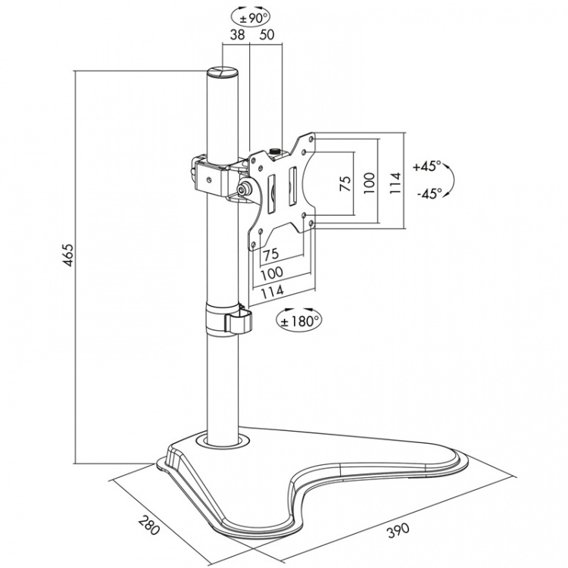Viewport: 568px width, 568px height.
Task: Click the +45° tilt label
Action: click(426, 166)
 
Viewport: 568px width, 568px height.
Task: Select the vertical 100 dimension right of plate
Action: click(369, 182)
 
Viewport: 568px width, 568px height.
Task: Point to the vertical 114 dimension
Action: click(395, 182)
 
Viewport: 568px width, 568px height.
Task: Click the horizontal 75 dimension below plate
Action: click(272, 254)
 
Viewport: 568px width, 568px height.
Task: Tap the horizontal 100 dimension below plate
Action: click(272, 272)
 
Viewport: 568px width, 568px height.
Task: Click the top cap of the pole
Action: click(223, 73)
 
